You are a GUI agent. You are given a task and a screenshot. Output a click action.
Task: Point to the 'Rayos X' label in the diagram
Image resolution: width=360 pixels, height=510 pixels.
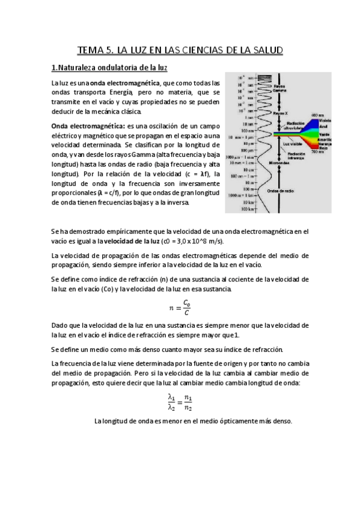click(281, 113)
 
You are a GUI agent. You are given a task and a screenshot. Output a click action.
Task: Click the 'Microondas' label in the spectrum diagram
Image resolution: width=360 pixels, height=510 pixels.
click(279, 163)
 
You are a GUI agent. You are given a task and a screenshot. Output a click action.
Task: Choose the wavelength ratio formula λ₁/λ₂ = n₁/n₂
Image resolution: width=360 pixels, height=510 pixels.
click(180, 402)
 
